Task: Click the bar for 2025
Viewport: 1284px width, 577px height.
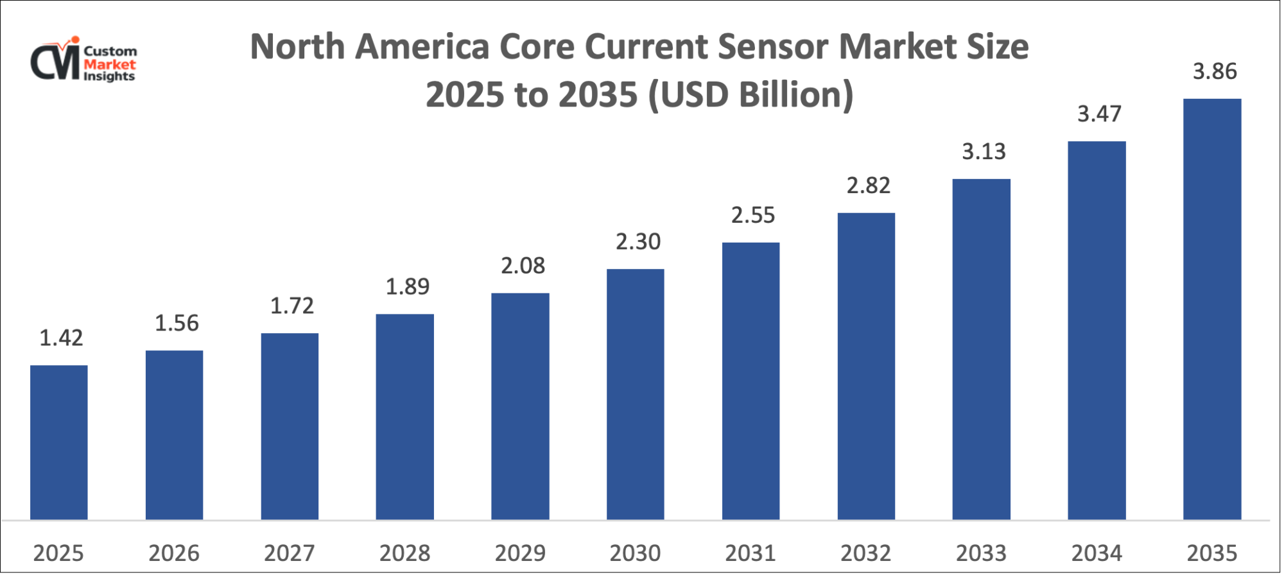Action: click(59, 442)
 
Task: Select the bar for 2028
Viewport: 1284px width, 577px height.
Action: click(404, 417)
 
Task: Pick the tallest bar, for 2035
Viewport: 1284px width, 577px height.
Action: click(1212, 309)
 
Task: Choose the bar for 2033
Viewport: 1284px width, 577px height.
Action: click(981, 349)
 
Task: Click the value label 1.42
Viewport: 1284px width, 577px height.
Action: click(61, 338)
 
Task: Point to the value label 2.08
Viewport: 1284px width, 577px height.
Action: click(523, 265)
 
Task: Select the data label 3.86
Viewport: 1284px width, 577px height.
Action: click(1215, 71)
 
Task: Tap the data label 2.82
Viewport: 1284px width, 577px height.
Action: click(868, 185)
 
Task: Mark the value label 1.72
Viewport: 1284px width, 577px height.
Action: click(291, 306)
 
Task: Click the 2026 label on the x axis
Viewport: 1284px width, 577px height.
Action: click(174, 553)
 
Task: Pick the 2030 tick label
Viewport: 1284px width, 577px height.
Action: click(635, 553)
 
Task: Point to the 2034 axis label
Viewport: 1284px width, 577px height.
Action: click(1097, 553)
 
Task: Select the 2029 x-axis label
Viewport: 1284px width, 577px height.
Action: click(520, 553)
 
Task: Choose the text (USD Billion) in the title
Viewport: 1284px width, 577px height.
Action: click(750, 95)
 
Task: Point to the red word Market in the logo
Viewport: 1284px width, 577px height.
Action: click(110, 64)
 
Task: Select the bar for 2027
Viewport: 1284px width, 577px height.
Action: click(290, 426)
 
